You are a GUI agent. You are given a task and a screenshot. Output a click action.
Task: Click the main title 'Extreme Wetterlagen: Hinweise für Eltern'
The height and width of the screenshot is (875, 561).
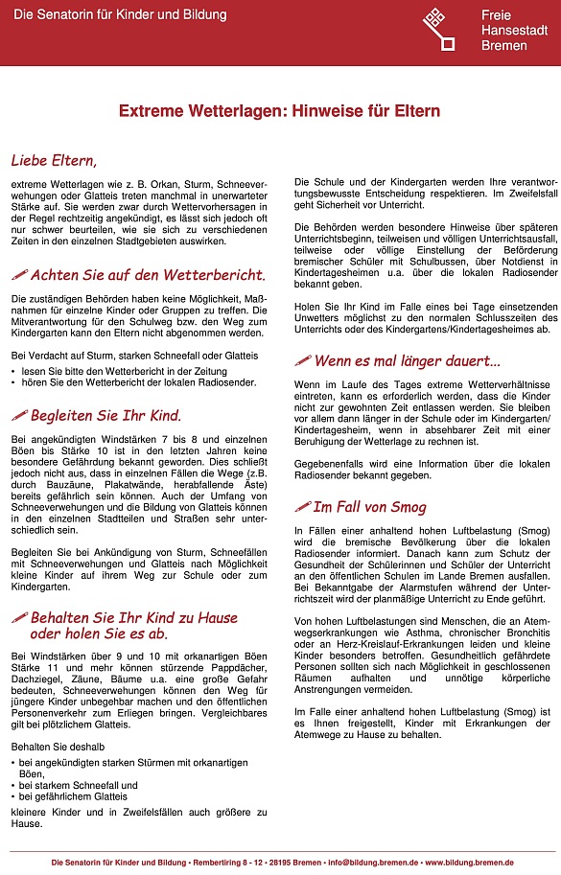279,111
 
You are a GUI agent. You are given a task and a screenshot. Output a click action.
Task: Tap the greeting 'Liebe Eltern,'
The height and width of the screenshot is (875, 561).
54,159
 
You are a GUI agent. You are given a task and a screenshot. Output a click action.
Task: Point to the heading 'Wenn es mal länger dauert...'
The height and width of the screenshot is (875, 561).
407,361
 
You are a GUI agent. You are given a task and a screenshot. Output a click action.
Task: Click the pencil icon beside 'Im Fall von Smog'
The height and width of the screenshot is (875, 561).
302,506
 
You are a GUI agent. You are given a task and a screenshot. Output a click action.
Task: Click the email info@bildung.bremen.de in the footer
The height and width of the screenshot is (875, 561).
369,863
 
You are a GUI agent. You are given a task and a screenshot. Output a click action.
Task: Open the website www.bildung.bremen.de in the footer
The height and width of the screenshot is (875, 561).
469,863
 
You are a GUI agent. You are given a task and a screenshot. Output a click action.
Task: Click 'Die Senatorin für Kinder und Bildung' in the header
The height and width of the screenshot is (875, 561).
120,15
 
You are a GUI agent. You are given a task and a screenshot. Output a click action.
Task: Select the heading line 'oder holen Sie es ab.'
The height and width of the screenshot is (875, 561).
99,633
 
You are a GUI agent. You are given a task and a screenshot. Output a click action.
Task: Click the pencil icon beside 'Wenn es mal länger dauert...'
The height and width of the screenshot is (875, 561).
302,361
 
